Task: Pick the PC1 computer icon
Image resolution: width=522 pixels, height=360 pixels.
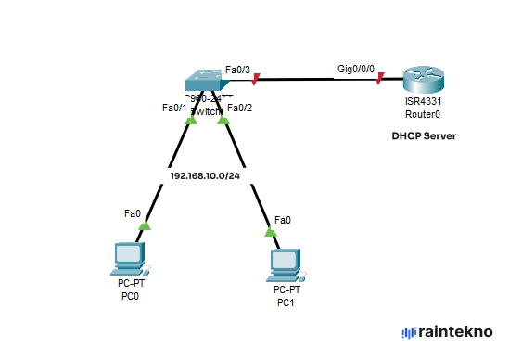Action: pyautogui.click(x=283, y=264)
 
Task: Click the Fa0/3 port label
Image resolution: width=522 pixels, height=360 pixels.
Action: pyautogui.click(x=237, y=70)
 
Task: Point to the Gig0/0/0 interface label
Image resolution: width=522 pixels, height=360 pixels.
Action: pyautogui.click(x=356, y=70)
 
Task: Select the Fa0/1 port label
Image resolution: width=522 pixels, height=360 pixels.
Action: pyautogui.click(x=174, y=108)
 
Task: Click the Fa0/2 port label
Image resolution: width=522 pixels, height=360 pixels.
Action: pyautogui.click(x=239, y=108)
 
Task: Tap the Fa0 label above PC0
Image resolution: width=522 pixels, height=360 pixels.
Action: pyautogui.click(x=133, y=213)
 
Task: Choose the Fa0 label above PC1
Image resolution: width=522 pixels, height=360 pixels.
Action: pyautogui.click(x=282, y=220)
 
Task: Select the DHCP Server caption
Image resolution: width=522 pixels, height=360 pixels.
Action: pyautogui.click(x=424, y=136)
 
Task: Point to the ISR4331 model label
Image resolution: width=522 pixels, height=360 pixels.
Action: pyautogui.click(x=423, y=101)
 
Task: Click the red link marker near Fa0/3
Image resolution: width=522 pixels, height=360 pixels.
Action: pyautogui.click(x=255, y=80)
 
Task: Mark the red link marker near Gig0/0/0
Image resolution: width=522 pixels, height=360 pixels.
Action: pyautogui.click(x=379, y=81)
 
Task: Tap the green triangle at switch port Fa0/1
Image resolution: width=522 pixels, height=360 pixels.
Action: pyautogui.click(x=190, y=120)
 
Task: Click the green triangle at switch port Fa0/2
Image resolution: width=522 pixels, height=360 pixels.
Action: pyautogui.click(x=223, y=120)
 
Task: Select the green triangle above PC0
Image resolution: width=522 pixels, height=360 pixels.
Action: pyautogui.click(x=145, y=224)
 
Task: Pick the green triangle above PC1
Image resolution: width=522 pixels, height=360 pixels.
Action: pyautogui.click(x=270, y=231)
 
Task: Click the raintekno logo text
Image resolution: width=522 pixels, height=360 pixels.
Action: pyautogui.click(x=454, y=331)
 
